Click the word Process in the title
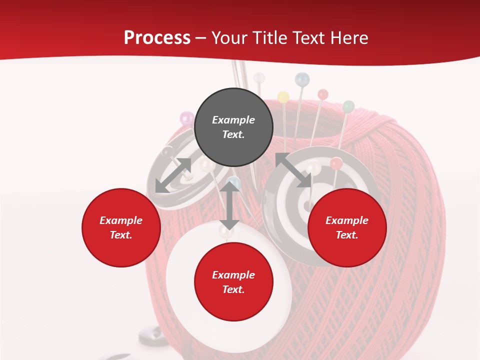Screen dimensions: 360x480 [x=157, y=38]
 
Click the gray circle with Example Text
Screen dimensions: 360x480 [x=233, y=127]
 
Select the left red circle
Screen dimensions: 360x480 [x=121, y=227]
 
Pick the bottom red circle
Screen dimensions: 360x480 [x=233, y=282]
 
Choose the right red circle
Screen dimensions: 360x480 [x=347, y=227]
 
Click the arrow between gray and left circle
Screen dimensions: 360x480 [x=173, y=175]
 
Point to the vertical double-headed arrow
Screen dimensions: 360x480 [x=229, y=205]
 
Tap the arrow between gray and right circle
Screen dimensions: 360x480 [x=293, y=170]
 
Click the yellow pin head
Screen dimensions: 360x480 [x=283, y=97]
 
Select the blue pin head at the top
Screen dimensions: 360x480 [x=302, y=79]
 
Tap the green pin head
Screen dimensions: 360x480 [x=348, y=106]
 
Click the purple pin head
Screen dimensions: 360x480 [x=186, y=118]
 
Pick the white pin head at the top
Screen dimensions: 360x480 [x=259, y=78]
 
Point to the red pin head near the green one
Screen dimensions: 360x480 [x=323, y=94]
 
